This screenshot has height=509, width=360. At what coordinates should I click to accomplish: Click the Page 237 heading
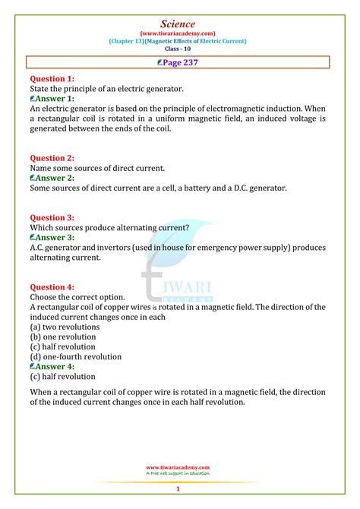click(x=179, y=63)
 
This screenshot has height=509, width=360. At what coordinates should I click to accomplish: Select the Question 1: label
click(x=52, y=78)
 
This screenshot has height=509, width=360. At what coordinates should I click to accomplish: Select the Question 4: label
click(x=52, y=286)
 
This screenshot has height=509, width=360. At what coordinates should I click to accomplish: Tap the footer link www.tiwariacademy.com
click(x=179, y=468)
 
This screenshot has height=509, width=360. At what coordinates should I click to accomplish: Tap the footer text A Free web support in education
click(x=179, y=474)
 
